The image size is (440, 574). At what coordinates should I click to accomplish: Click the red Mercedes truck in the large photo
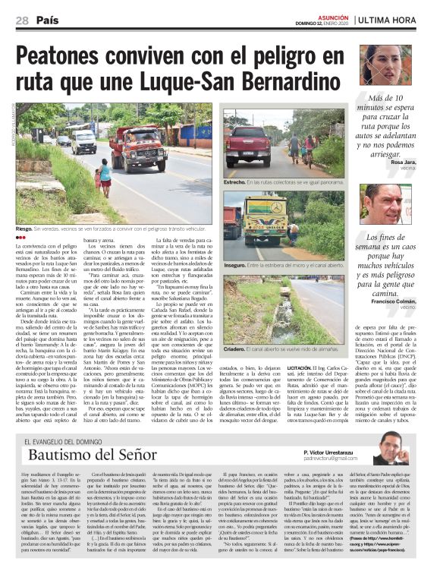(x=137, y=147)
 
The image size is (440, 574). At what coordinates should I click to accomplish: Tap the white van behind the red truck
(x=83, y=140)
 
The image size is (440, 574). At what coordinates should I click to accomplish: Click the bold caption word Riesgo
(x=24, y=229)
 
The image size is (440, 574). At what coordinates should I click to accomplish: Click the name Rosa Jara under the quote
(x=406, y=162)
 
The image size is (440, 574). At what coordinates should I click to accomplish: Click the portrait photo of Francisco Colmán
(x=386, y=204)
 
